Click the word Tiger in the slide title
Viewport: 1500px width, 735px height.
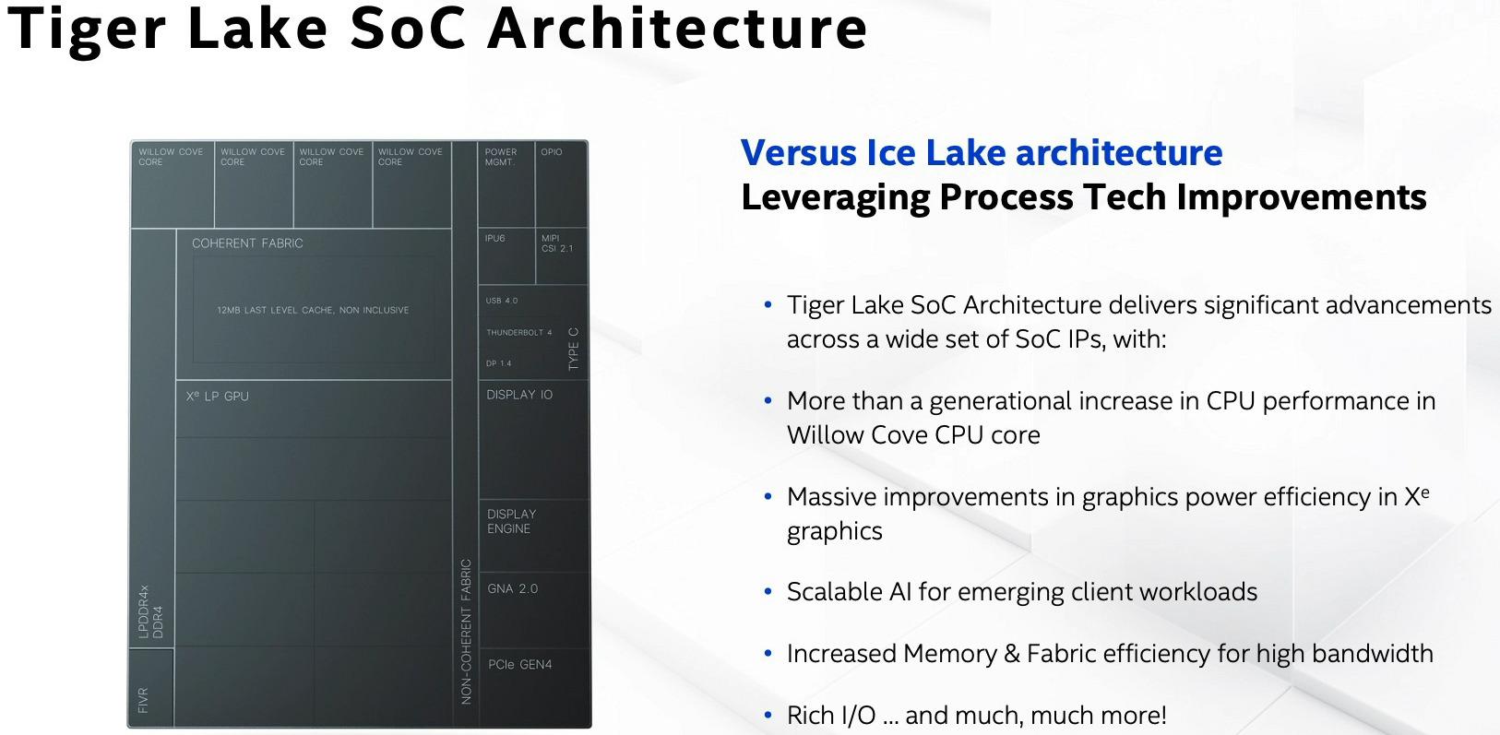pyautogui.click(x=87, y=28)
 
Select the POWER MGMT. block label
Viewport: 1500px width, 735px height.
pyautogui.click(x=501, y=157)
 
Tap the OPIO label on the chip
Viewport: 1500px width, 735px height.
pyautogui.click(x=552, y=152)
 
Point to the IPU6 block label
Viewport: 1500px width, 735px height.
pyautogui.click(x=495, y=239)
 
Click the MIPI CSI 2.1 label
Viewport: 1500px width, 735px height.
pyautogui.click(x=557, y=243)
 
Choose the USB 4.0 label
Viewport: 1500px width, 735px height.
pyautogui.click(x=502, y=301)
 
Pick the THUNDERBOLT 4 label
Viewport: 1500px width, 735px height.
pyautogui.click(x=519, y=333)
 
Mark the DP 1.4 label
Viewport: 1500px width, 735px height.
pyautogui.click(x=499, y=363)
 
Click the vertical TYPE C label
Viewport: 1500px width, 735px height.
pyautogui.click(x=574, y=350)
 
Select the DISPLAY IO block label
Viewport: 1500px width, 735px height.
pyautogui.click(x=519, y=395)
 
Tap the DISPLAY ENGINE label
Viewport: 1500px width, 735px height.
pyautogui.click(x=511, y=521)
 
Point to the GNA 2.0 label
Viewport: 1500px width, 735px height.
pyautogui.click(x=513, y=588)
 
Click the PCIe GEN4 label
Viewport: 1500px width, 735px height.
pyautogui.click(x=520, y=664)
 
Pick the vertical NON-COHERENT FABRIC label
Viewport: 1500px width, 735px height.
pyautogui.click(x=466, y=632)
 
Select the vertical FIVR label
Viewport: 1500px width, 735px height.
pyautogui.click(x=143, y=700)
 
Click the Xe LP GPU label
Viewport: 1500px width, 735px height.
pyautogui.click(x=218, y=397)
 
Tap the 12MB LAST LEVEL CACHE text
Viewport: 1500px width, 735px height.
pyautogui.click(x=313, y=310)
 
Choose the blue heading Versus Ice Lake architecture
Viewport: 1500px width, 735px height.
pyautogui.click(x=982, y=153)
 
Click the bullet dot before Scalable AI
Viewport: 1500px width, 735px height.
pyautogui.click(x=768, y=591)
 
